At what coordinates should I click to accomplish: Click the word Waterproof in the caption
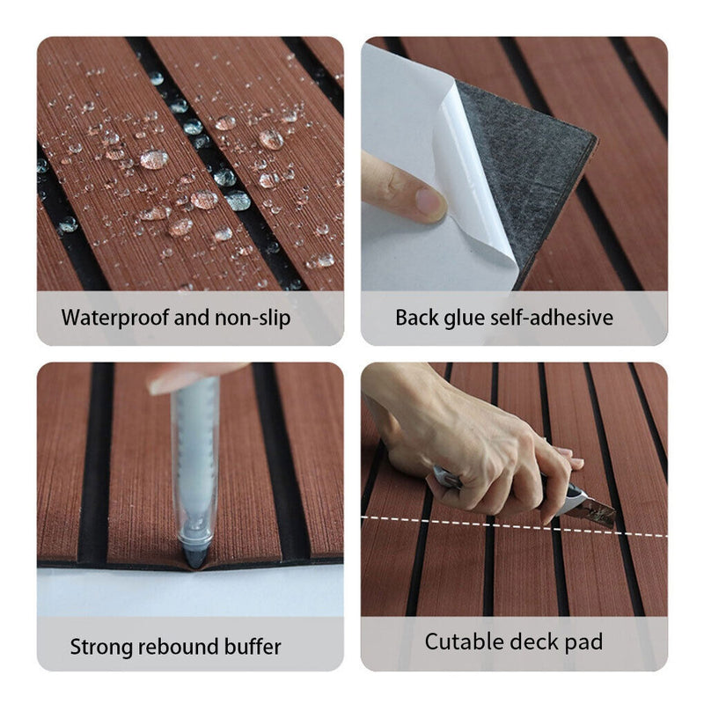coord(115,319)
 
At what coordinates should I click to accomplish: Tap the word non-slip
coord(253,318)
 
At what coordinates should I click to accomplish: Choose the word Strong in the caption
coord(101,648)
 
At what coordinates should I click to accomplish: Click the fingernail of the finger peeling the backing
coord(429,202)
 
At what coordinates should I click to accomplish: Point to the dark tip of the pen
coord(194,557)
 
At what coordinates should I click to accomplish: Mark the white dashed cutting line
coord(514,526)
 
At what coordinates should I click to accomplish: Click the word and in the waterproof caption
coord(192,318)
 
